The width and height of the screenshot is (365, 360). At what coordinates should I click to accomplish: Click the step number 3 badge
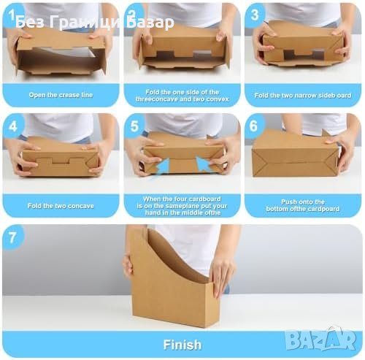click(x=255, y=15)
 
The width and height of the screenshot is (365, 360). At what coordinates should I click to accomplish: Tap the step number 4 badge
click(x=13, y=126)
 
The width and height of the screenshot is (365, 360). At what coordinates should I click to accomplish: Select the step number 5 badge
click(x=134, y=126)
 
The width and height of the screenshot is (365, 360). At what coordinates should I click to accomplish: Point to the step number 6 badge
click(x=253, y=126)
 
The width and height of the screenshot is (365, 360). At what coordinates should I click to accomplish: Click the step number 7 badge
click(x=12, y=237)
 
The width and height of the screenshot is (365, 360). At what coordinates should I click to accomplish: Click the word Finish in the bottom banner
click(x=182, y=345)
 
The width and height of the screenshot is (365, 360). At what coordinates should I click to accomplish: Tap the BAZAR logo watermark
click(x=321, y=339)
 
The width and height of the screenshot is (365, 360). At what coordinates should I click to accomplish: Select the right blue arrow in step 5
click(x=203, y=164)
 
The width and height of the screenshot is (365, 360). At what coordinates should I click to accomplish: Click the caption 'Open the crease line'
click(x=61, y=95)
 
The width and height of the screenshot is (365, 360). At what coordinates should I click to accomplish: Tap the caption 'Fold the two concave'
click(x=61, y=206)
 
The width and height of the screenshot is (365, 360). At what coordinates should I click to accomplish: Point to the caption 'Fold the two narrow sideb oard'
click(x=303, y=95)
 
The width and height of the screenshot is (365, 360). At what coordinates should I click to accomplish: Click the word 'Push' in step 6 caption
click(x=288, y=202)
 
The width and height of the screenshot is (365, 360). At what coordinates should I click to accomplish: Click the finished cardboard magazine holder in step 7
click(x=170, y=277)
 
